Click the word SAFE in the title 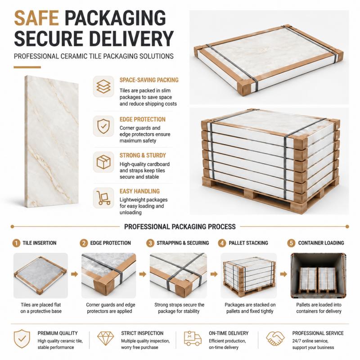click(x=36, y=18)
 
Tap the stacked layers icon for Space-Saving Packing click(x=103, y=86)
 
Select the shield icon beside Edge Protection click(x=103, y=126)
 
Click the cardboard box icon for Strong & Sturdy click(x=103, y=162)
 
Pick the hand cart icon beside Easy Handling click(x=103, y=198)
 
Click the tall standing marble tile click(x=52, y=142)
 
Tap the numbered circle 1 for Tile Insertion click(x=16, y=243)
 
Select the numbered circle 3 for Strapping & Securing click(x=150, y=243)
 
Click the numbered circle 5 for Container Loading click(x=291, y=243)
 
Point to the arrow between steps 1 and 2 click(x=74, y=274)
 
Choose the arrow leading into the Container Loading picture click(x=283, y=274)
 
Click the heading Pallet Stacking click(x=248, y=243)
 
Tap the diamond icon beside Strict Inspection click(x=105, y=338)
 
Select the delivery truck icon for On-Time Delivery click(x=193, y=338)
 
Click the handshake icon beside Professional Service click(x=275, y=338)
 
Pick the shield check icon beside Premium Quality click(x=22, y=339)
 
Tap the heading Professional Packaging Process click(x=180, y=227)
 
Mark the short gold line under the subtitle click(x=27, y=67)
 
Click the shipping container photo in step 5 click(x=318, y=275)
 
